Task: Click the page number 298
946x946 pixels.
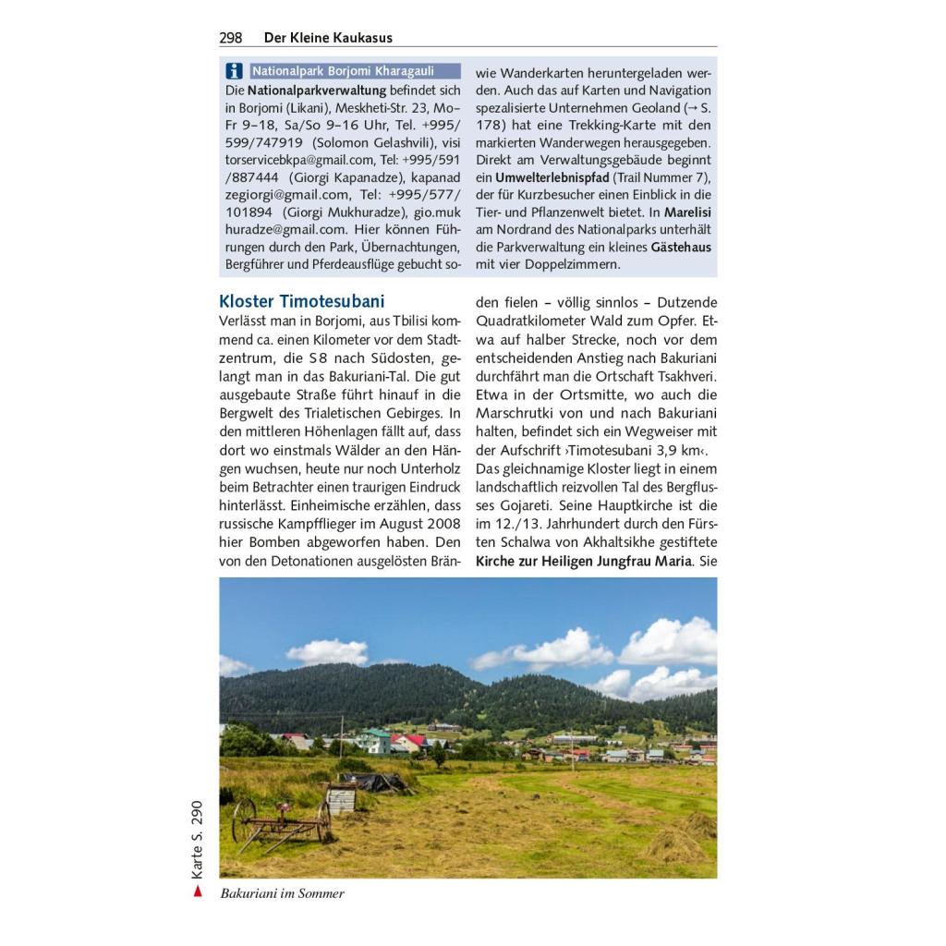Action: click(x=231, y=38)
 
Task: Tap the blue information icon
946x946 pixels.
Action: click(x=234, y=71)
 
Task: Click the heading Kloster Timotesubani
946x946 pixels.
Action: click(x=302, y=301)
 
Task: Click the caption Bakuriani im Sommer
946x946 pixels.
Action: click(x=282, y=893)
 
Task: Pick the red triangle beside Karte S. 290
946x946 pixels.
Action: click(x=196, y=891)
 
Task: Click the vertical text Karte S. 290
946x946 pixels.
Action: click(x=196, y=840)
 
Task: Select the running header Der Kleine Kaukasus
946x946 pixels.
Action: click(x=328, y=38)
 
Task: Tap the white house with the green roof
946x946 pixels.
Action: click(x=373, y=741)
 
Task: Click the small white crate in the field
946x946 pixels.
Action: click(x=341, y=797)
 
